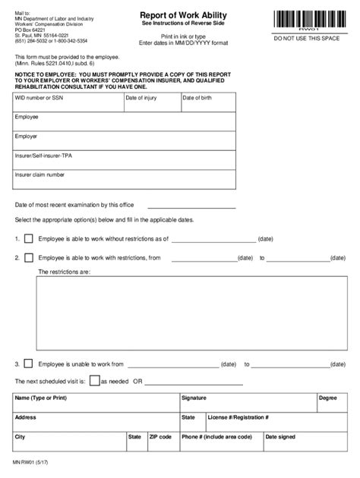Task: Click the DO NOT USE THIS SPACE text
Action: click(308, 37)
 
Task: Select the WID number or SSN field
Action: click(67, 103)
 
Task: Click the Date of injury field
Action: click(150, 103)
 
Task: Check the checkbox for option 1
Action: click(29, 238)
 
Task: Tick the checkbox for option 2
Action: click(29, 258)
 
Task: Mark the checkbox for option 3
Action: click(29, 364)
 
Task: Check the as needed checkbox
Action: click(94, 381)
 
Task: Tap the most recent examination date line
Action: click(191, 205)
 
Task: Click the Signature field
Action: click(247, 403)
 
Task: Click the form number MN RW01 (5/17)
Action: click(27, 461)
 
